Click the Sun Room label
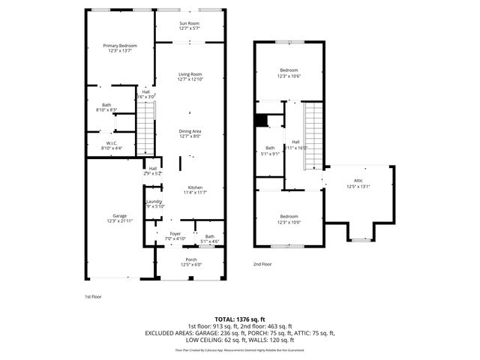point(190,24)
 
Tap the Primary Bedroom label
point(120,46)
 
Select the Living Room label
point(190,74)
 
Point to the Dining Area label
point(190,131)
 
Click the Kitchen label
point(195,187)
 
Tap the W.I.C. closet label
point(111,143)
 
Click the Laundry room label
point(154,202)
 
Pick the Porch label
point(191,259)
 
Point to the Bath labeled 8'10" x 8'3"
point(107,106)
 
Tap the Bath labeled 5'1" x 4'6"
point(209,237)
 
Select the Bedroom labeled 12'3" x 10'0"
point(289,217)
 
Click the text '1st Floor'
point(92,296)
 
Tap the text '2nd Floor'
point(262,264)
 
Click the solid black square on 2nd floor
point(261,120)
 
